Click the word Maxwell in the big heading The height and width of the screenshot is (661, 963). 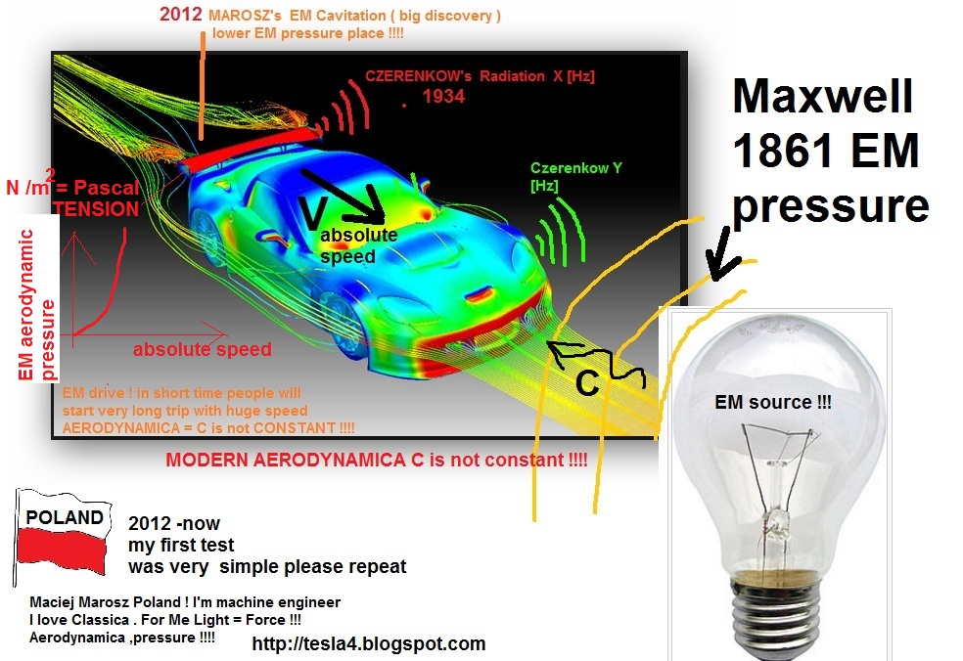click(823, 97)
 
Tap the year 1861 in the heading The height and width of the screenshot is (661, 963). click(776, 151)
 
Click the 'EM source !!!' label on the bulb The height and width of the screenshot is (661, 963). click(772, 402)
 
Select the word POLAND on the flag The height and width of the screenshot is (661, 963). click(64, 517)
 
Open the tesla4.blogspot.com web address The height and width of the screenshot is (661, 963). click(369, 643)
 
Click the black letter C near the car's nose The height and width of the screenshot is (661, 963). click(587, 382)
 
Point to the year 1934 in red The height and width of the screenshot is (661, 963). click(443, 97)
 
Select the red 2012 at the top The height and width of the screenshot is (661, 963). click(180, 14)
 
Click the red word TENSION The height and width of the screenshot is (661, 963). click(96, 208)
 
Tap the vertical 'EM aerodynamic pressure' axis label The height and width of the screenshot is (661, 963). click(36, 305)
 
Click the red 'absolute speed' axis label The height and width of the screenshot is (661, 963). click(202, 349)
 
